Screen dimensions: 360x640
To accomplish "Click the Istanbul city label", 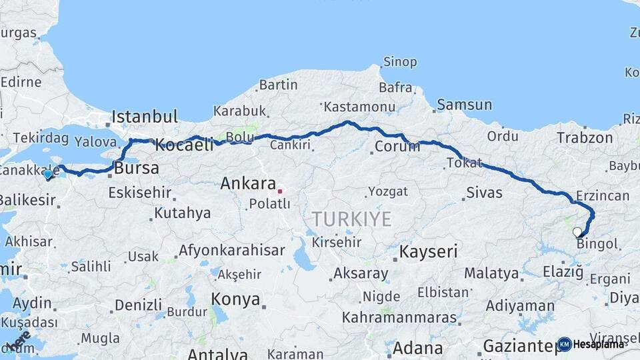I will pos(145,117).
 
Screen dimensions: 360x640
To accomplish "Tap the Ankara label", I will pos(248,183).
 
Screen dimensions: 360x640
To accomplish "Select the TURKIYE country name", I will pos(351,219).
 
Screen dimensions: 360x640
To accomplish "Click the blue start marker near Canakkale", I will pos(47,175).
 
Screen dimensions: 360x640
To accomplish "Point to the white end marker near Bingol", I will pos(577,231).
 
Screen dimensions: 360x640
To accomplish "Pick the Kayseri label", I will pos(428,251).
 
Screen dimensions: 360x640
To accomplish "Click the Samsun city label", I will pos(465,105).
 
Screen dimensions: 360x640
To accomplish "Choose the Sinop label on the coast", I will pos(400,62).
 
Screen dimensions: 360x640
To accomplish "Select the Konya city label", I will pos(235,299).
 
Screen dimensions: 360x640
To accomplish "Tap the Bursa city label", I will pos(137,168).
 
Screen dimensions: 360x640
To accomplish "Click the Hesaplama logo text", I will pos(598,344).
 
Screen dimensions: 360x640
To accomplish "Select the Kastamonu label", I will pos(359,107).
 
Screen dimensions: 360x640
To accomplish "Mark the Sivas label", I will pos(484,193).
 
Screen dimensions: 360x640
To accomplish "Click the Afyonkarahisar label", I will pos(231,251).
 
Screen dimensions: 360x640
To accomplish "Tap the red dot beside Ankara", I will pos(280,191).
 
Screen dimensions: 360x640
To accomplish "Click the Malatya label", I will pos(491,273).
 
